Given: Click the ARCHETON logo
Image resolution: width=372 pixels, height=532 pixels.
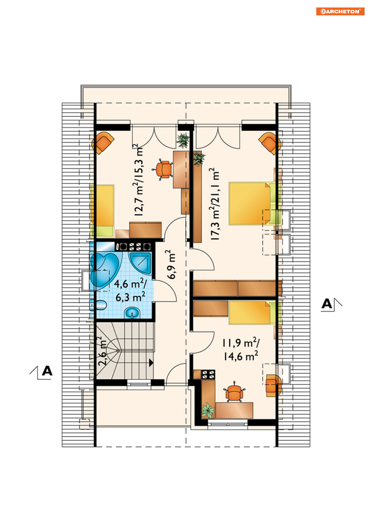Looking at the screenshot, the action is [x=340, y=11].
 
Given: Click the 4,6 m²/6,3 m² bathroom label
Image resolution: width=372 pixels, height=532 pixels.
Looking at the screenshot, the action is [x=130, y=290].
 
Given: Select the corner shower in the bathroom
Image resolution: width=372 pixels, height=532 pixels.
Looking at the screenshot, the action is [x=141, y=262].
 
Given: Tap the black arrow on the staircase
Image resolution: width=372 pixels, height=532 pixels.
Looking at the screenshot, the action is [x=151, y=363].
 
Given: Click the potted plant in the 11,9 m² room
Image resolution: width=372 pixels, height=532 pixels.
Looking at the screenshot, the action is [x=208, y=410].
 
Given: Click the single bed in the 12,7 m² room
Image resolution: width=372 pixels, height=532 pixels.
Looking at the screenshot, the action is [x=102, y=211].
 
